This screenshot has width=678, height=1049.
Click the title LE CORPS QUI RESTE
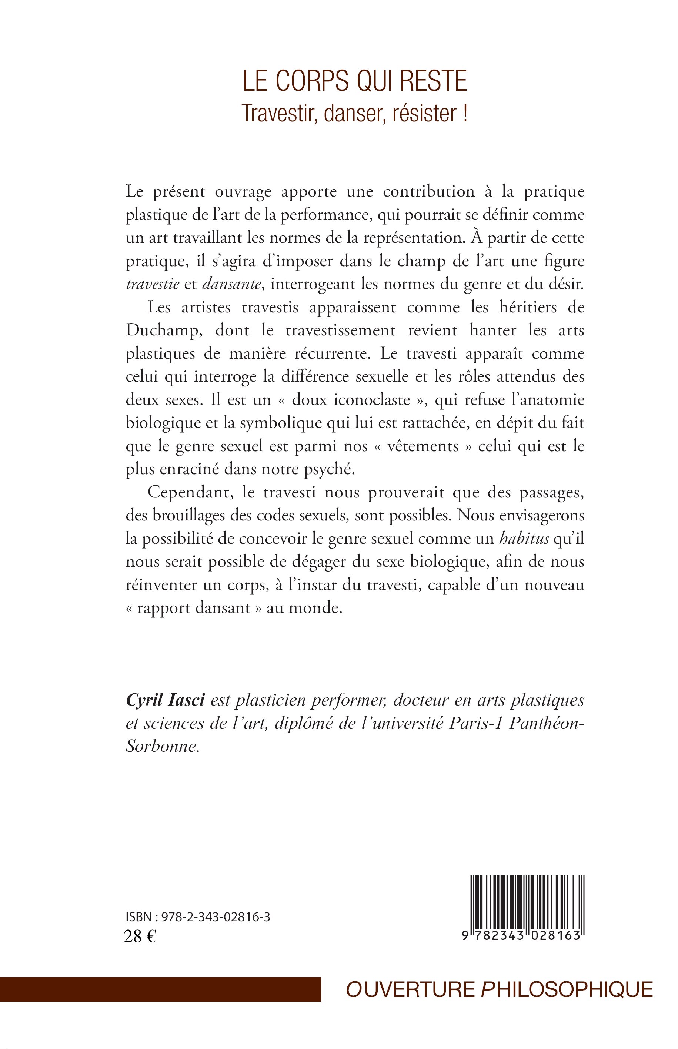(x=355, y=82)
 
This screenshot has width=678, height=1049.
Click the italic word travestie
(x=152, y=284)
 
